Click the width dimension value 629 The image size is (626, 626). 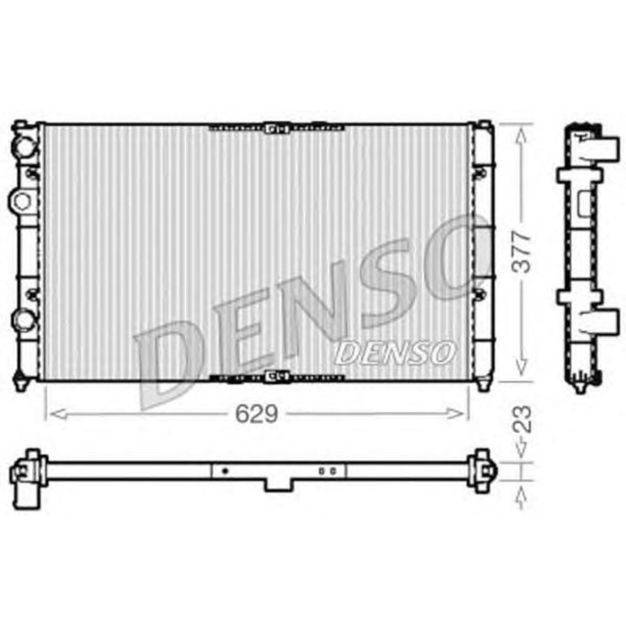coord(258,413)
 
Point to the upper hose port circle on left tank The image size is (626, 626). coord(24,142)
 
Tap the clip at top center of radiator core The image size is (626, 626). coord(276,128)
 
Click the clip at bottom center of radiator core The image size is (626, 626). coord(276,376)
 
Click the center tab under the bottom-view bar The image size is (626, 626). coord(277,484)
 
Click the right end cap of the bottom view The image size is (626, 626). coord(486,469)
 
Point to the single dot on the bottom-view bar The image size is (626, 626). coord(224,469)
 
